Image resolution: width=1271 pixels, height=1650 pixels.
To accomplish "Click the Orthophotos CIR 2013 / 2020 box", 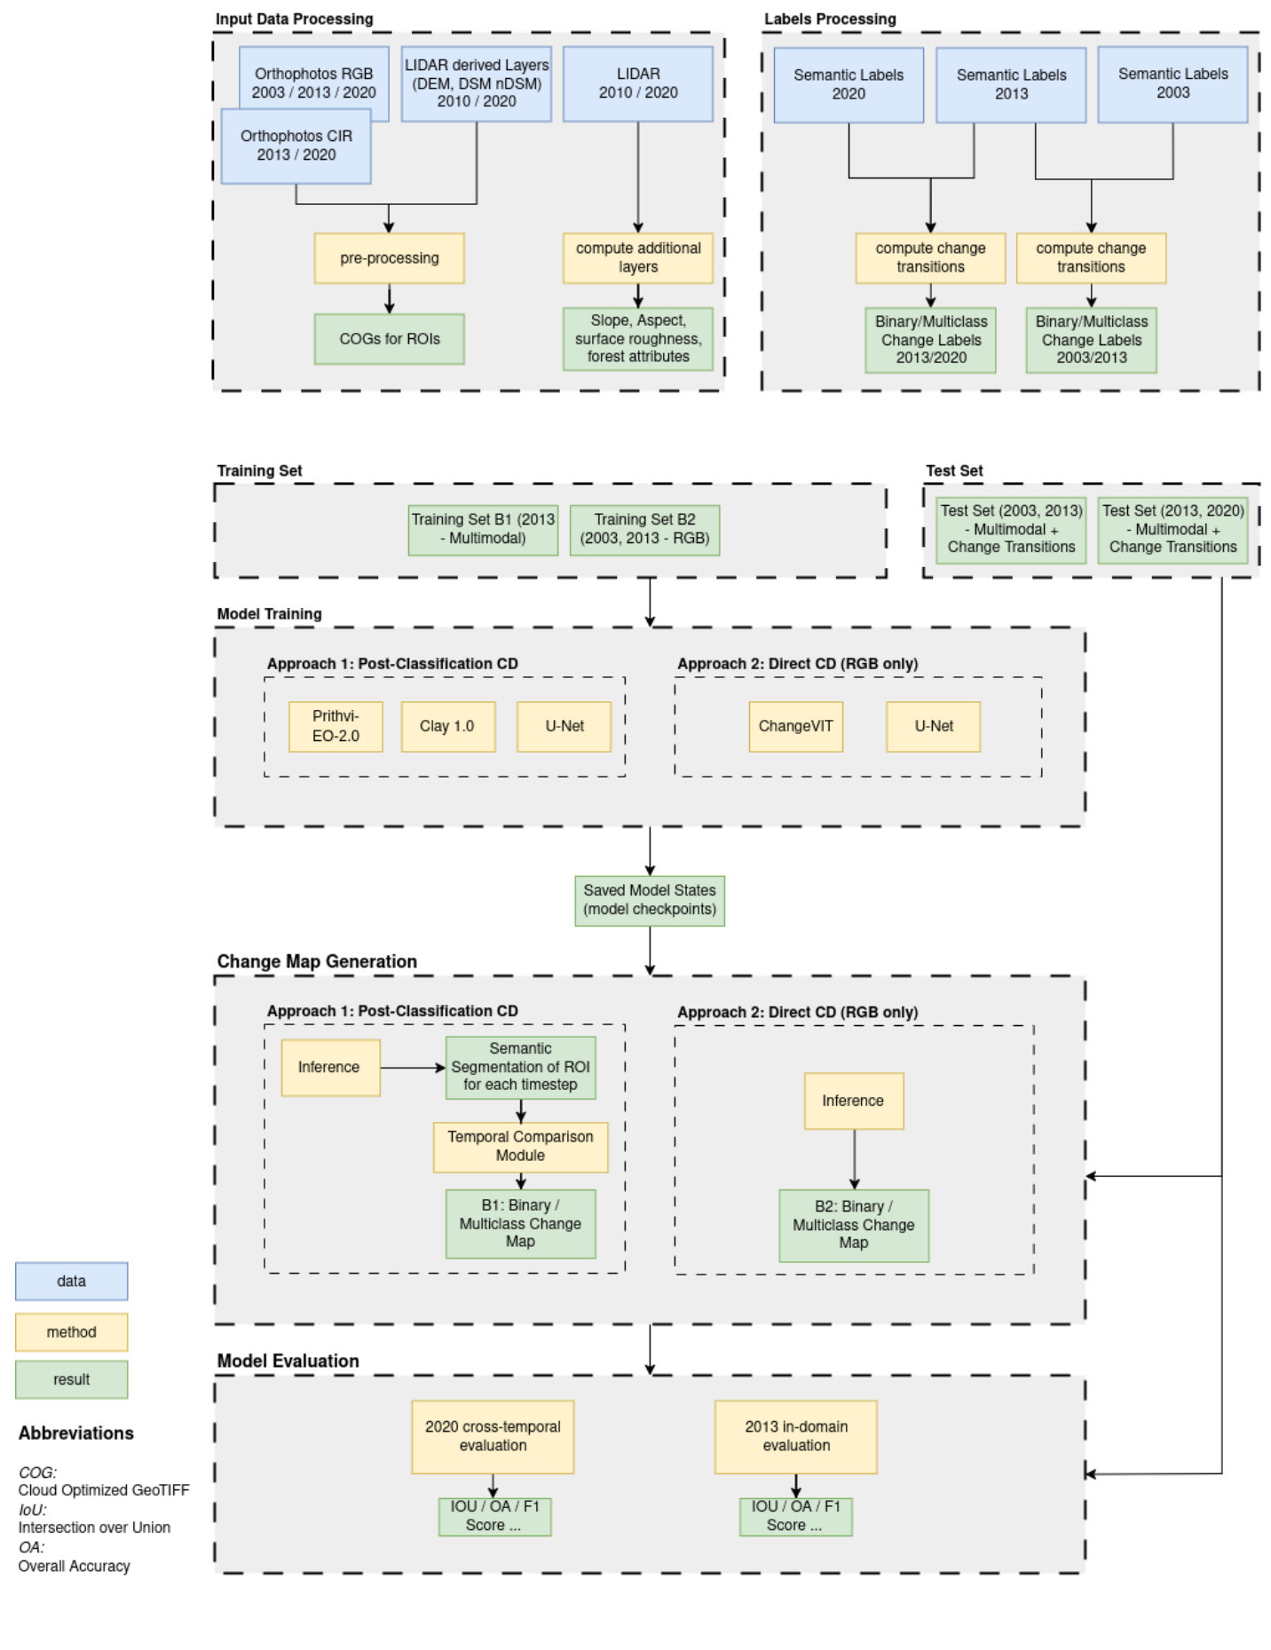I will (x=296, y=146).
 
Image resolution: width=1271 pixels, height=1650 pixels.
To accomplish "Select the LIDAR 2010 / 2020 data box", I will (x=637, y=83).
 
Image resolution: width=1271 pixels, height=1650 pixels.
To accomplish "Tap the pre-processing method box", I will (x=389, y=258).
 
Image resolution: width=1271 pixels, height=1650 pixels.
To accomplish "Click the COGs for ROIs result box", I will (x=389, y=339).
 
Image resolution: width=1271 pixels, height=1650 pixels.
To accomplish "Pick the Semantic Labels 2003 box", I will (x=1172, y=84).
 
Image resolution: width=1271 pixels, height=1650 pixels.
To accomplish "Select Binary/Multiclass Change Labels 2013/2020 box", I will (x=930, y=340).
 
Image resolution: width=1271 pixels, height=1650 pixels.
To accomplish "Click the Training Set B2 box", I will (x=644, y=530).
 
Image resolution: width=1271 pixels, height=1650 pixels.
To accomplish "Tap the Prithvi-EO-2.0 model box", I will (x=336, y=726).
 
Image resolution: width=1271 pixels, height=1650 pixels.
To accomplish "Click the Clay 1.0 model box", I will (x=447, y=726).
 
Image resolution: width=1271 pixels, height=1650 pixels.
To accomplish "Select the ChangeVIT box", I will (x=795, y=726).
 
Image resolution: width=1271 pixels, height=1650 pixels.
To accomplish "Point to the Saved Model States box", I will (x=649, y=900).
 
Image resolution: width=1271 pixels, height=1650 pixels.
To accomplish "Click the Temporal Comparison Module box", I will (x=520, y=1146).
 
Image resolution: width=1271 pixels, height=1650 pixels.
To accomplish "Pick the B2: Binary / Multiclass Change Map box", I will (x=853, y=1225).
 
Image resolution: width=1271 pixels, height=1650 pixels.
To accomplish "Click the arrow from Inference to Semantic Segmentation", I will (x=413, y=1068).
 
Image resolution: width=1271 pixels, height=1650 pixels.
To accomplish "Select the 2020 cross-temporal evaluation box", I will (x=493, y=1436).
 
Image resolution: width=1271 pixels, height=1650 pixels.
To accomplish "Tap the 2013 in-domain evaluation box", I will (x=795, y=1436).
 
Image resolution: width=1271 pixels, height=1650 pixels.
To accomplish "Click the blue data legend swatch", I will (x=71, y=1281).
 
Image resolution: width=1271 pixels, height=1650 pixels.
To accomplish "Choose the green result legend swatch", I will (x=71, y=1379).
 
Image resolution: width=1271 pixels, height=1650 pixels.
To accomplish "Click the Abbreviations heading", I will (x=76, y=1433).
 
